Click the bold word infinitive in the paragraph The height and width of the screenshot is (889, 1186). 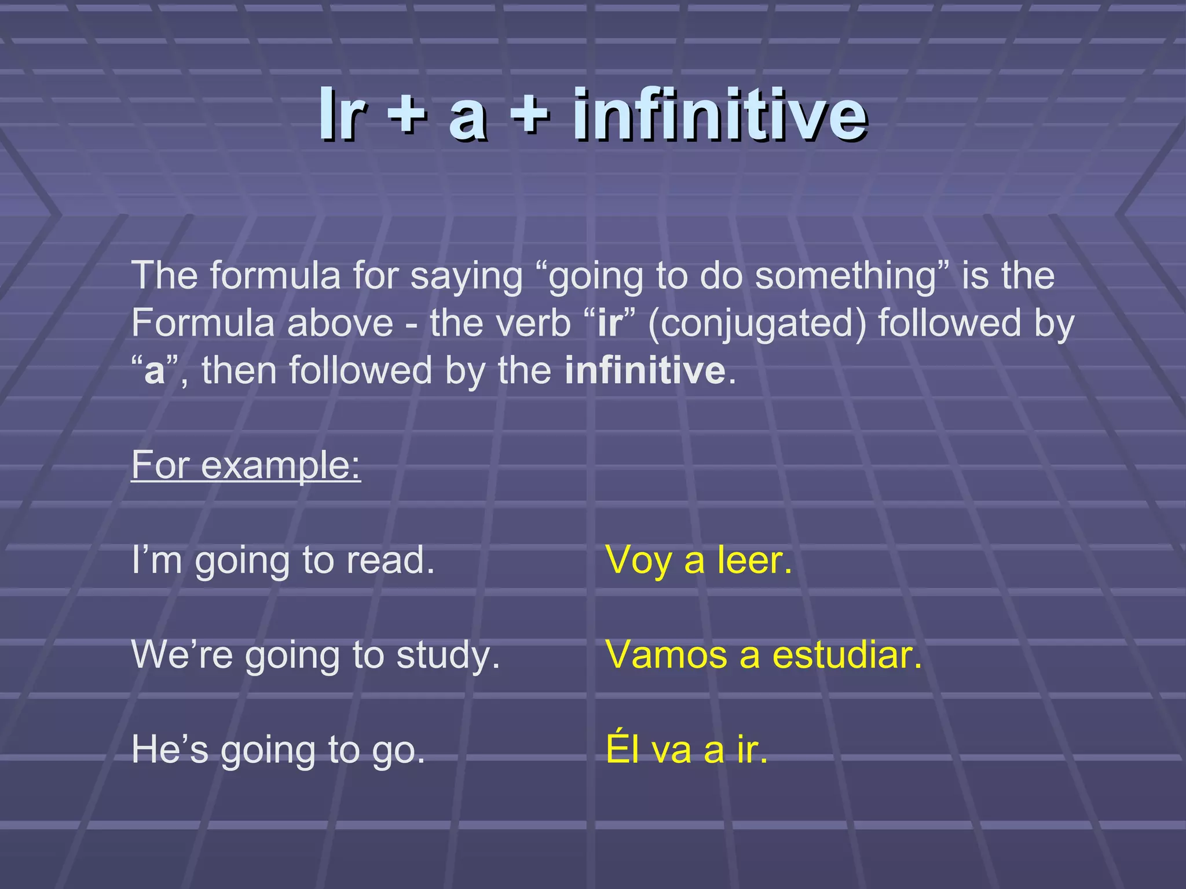(x=645, y=370)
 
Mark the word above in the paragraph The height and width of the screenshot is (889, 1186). (x=340, y=323)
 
